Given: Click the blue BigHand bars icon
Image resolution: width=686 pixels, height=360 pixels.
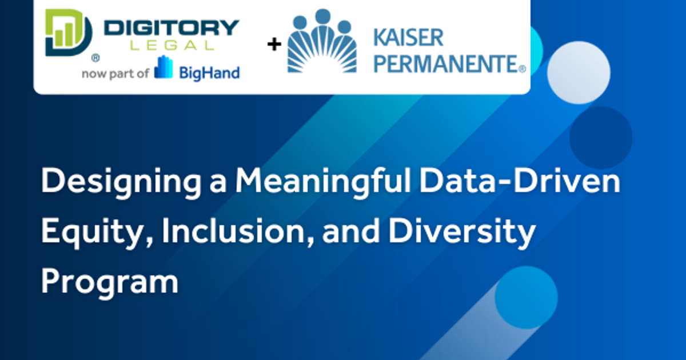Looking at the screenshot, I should tap(163, 68).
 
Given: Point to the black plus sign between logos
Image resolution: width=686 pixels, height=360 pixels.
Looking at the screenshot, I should tap(274, 44).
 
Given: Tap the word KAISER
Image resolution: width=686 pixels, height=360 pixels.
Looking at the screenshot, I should tap(408, 38).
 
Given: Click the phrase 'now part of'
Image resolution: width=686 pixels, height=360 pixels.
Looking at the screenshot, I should tap(116, 73).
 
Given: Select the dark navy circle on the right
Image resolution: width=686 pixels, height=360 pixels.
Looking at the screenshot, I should tap(600, 137).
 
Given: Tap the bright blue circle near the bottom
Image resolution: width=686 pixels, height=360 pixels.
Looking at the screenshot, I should tap(525, 297).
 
